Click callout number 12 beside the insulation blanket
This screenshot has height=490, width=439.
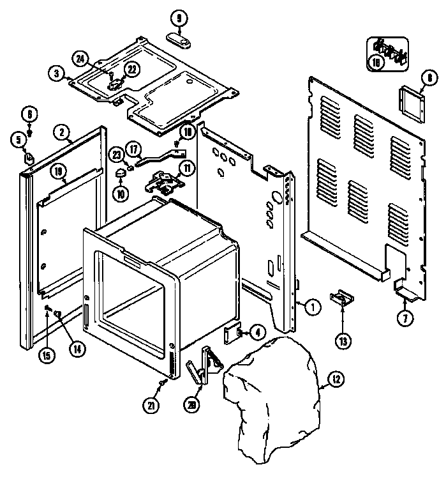tap(336, 381)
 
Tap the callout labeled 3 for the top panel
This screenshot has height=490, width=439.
tap(57, 73)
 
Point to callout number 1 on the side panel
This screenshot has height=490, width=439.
tap(312, 307)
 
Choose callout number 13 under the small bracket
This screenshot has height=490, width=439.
tap(343, 341)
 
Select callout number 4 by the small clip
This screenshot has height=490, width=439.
tap(257, 332)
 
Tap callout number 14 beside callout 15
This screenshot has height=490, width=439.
tap(77, 349)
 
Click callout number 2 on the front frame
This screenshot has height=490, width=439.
tap(61, 132)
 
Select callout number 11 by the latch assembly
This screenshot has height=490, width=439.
tap(186, 169)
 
